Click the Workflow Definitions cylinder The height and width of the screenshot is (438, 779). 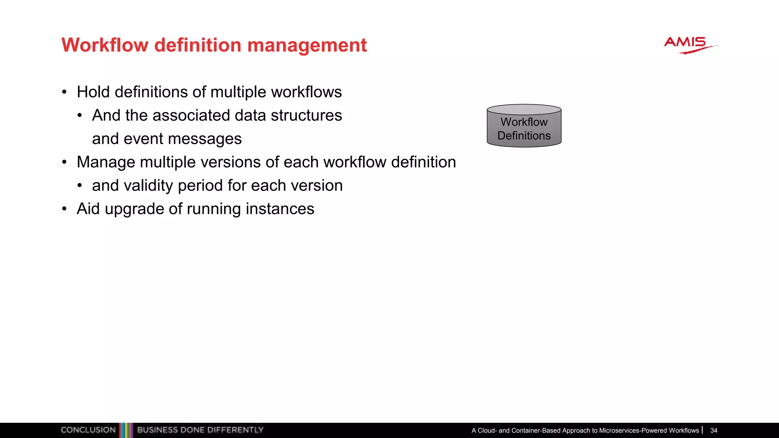pos(524,126)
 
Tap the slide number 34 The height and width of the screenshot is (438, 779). pos(714,430)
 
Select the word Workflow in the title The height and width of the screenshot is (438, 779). pos(105,45)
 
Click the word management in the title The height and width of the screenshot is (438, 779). pos(307,46)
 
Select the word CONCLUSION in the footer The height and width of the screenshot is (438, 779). pos(88,430)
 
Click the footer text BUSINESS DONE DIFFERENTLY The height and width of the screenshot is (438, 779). pos(200,430)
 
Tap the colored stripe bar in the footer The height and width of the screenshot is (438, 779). pos(126,430)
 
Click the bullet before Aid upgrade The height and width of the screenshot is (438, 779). pos(64,209)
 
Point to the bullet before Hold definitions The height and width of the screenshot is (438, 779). pos(64,92)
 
